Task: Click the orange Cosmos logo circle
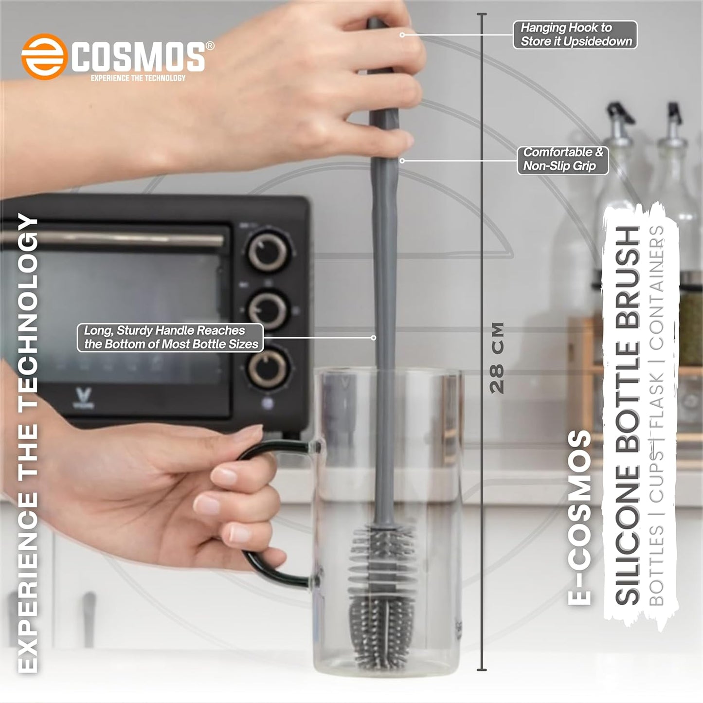click(x=44, y=56)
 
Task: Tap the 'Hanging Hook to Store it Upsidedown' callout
click(x=576, y=35)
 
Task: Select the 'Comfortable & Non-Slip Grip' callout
click(x=562, y=160)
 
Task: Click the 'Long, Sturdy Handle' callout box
click(x=171, y=337)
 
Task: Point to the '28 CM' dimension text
click(x=497, y=358)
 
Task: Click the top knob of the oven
click(x=268, y=252)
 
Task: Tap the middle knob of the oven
click(x=268, y=310)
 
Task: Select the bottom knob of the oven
click(x=268, y=368)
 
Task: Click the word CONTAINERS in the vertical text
click(x=657, y=287)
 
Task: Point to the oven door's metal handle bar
click(x=112, y=239)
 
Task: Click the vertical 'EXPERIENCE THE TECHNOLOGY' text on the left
click(x=28, y=443)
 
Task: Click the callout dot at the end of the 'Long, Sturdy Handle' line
click(x=374, y=337)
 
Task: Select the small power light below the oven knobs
click(x=267, y=402)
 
